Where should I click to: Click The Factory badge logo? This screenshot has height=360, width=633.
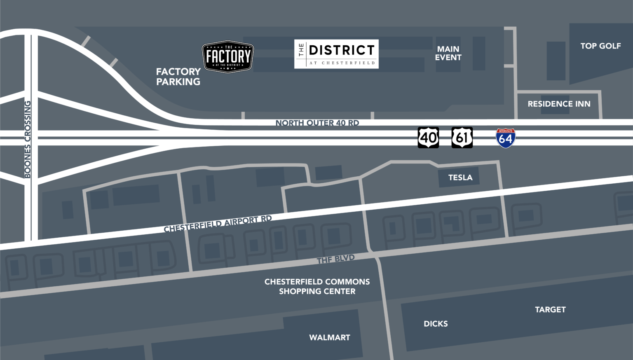pyautogui.click(x=227, y=57)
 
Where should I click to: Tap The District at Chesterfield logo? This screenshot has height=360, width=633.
pyautogui.click(x=336, y=54)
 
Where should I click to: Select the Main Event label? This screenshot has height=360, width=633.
pyautogui.click(x=448, y=53)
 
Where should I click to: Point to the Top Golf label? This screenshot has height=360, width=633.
pyautogui.click(x=600, y=46)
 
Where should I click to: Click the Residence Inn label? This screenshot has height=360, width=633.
pyautogui.click(x=559, y=104)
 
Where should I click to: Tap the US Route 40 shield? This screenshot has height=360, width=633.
pyautogui.click(x=428, y=137)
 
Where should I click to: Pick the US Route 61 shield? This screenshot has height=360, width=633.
pyautogui.click(x=462, y=137)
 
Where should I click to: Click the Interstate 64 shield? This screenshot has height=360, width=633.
pyautogui.click(x=506, y=138)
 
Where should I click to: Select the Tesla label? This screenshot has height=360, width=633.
pyautogui.click(x=460, y=178)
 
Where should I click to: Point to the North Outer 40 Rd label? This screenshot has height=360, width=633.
pyautogui.click(x=317, y=123)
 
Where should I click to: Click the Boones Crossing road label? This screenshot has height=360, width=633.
pyautogui.click(x=28, y=139)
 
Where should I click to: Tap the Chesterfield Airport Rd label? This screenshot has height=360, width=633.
pyautogui.click(x=218, y=224)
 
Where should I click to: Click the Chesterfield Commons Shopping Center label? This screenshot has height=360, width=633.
pyautogui.click(x=317, y=286)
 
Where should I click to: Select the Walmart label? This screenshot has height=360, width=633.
pyautogui.click(x=330, y=337)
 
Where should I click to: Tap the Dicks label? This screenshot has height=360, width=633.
pyautogui.click(x=436, y=324)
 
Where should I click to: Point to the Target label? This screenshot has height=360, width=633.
pyautogui.click(x=550, y=309)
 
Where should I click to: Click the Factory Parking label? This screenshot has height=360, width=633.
pyautogui.click(x=178, y=77)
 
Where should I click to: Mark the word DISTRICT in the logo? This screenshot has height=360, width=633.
pyautogui.click(x=342, y=50)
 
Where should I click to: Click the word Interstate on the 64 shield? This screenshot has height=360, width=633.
pyautogui.click(x=506, y=131)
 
